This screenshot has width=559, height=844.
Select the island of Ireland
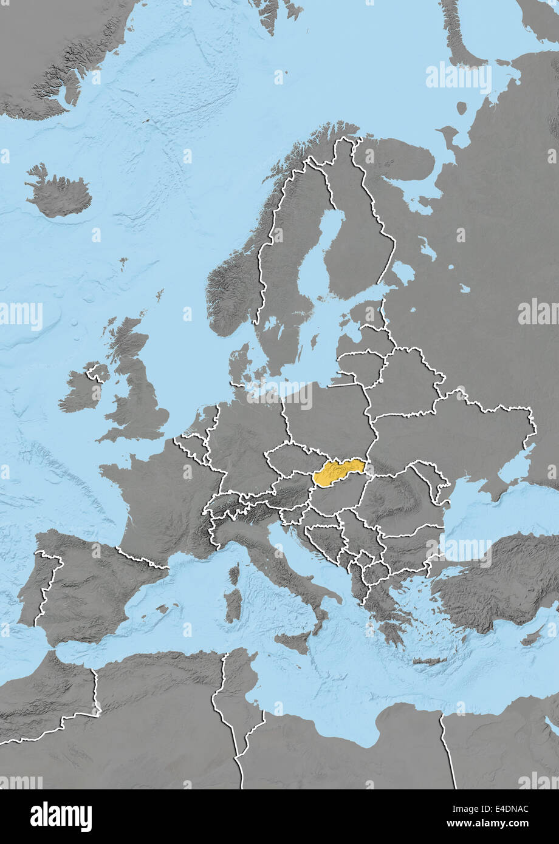82,391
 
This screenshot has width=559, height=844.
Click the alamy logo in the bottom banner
61,817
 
